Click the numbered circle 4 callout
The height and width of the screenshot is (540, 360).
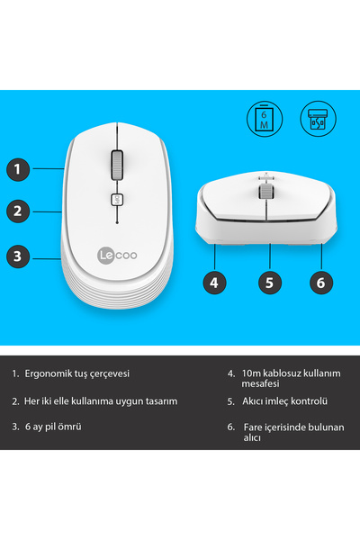[x=213, y=282]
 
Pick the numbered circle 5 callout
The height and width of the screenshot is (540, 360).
[x=267, y=282]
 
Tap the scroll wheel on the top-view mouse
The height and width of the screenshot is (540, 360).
[x=118, y=166]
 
